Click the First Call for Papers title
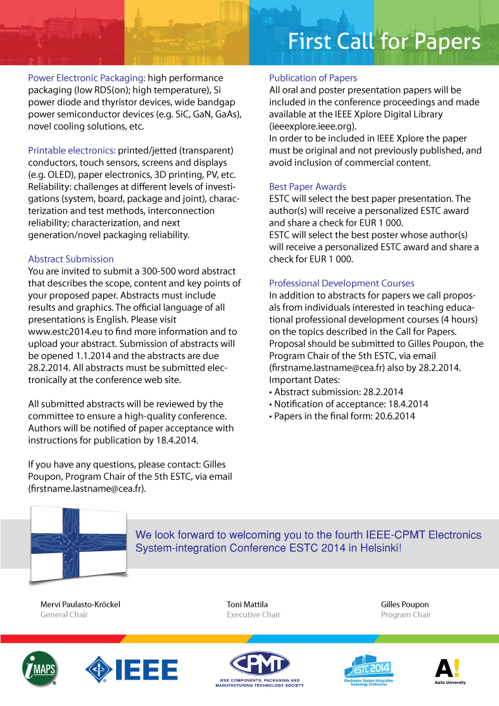(x=384, y=41)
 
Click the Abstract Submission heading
(x=71, y=259)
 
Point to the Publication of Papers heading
(x=313, y=78)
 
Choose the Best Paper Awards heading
(x=308, y=186)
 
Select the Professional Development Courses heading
(x=341, y=283)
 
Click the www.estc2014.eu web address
(x=66, y=331)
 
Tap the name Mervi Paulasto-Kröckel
(x=80, y=604)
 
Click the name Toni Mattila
(x=248, y=604)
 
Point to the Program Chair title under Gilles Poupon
(x=406, y=614)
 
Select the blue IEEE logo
(x=132, y=669)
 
